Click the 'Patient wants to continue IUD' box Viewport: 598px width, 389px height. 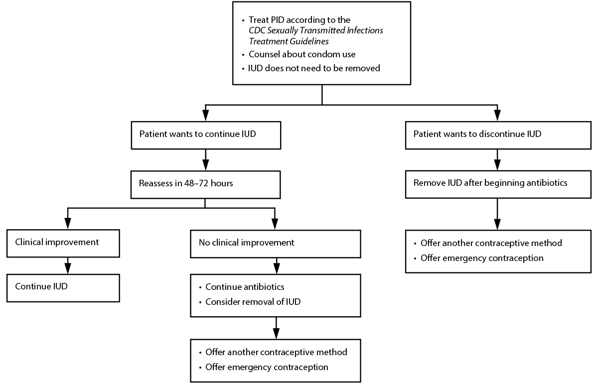point(205,134)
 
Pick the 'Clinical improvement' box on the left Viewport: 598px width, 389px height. point(63,243)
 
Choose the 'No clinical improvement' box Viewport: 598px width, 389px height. point(276,243)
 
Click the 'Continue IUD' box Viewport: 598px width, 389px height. point(63,287)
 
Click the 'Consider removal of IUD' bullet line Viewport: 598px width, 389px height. point(253,301)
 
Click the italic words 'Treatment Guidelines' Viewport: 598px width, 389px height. point(289,40)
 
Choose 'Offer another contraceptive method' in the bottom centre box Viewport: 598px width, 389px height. point(276,352)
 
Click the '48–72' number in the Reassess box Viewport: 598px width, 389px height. point(200,183)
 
